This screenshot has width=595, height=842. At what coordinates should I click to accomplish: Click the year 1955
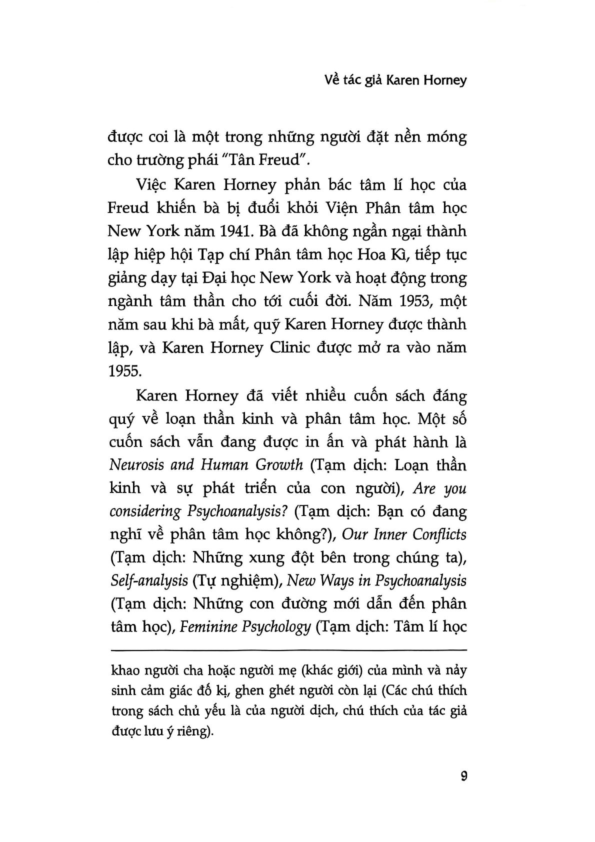[123, 371]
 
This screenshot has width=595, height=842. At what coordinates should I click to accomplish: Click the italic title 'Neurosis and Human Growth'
[206, 464]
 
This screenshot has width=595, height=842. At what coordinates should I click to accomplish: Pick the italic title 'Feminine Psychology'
[245, 626]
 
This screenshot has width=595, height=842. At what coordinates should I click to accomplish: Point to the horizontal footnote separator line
[287, 650]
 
